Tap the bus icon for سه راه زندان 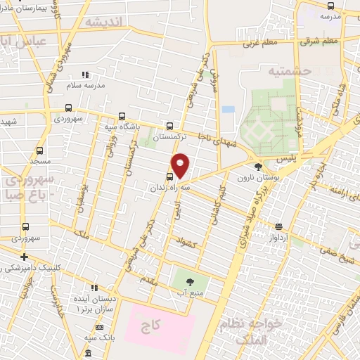(x=169, y=176)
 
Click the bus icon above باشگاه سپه (x=122, y=117)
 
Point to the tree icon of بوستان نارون (x=259, y=167)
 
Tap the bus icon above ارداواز (x=279, y=226)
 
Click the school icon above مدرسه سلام (x=85, y=75)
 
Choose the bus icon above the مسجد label (x=39, y=150)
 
